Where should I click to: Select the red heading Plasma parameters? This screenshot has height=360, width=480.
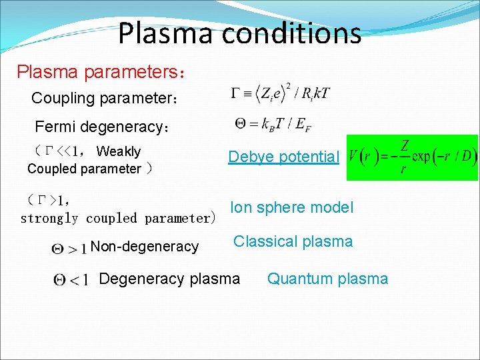[101, 71]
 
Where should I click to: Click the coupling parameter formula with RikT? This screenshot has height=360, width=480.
[280, 93]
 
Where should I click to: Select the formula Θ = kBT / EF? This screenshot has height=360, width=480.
[273, 123]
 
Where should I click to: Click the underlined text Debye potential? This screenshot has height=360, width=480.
[284, 157]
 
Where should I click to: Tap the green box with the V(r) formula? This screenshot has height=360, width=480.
[412, 157]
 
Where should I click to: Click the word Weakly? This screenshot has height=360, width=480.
[119, 151]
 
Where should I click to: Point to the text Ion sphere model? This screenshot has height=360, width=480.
[291, 207]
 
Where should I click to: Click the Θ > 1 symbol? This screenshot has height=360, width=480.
[68, 248]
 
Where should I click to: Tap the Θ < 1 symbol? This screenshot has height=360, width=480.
[71, 279]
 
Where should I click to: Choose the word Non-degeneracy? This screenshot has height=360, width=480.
[145, 247]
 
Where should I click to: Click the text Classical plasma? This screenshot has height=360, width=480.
[293, 241]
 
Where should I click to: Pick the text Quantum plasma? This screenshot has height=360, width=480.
[327, 279]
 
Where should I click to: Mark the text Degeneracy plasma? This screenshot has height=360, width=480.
[169, 278]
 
